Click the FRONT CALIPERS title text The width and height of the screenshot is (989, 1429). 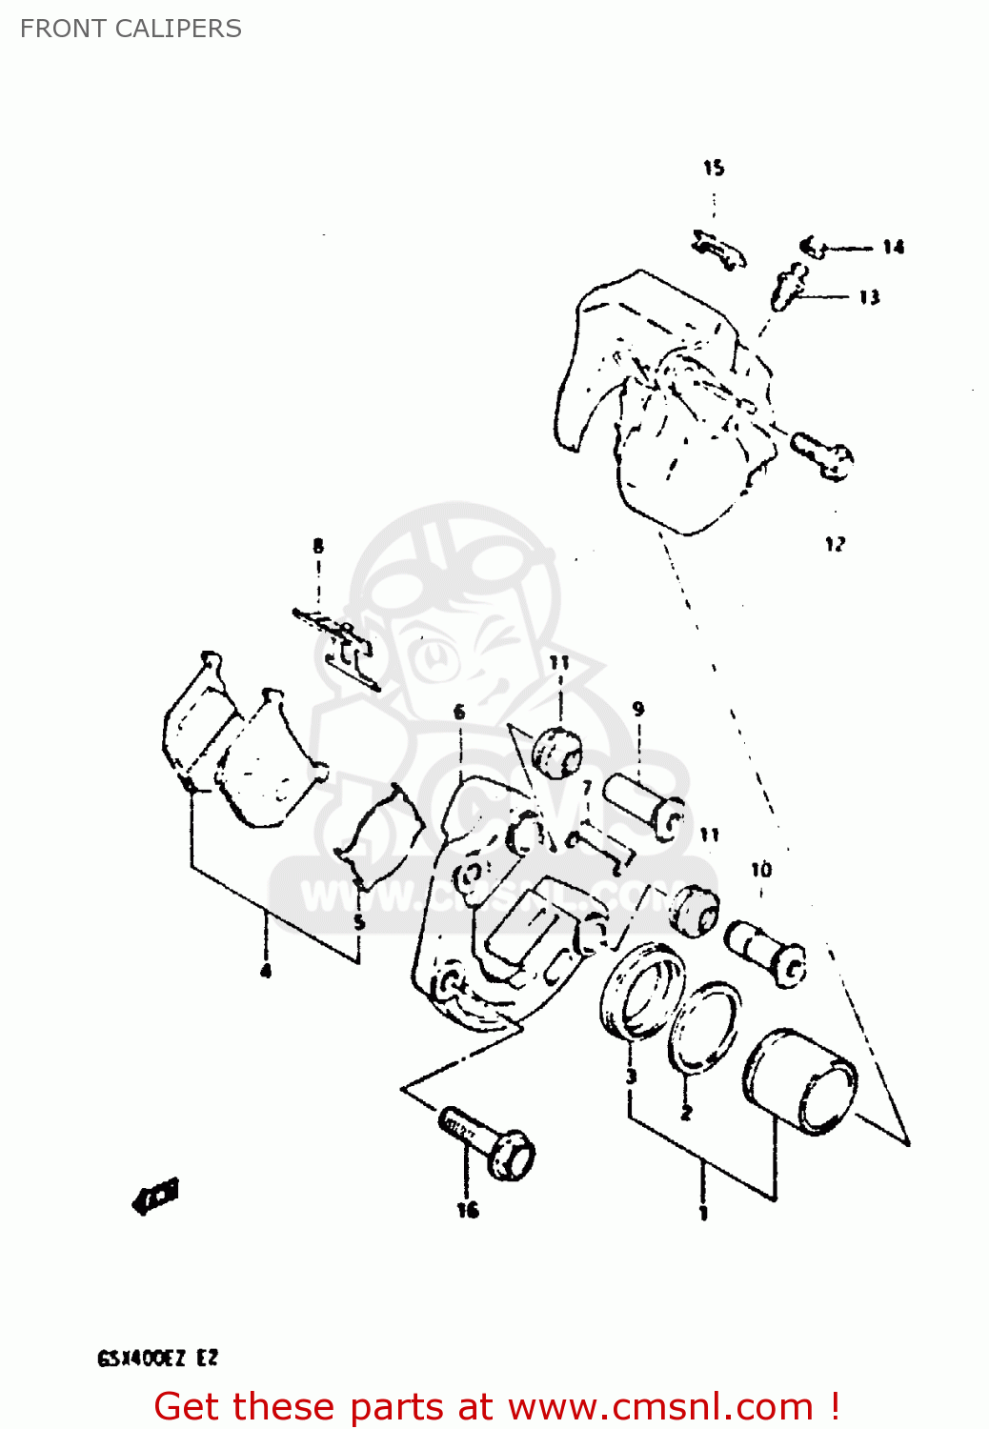131,29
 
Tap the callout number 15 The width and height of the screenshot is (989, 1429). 714,169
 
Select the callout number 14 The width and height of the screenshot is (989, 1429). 893,248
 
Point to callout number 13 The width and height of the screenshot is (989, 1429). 869,297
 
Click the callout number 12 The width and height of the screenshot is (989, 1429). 835,544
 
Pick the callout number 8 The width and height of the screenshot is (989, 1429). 318,546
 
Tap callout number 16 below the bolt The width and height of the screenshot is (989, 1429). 468,1210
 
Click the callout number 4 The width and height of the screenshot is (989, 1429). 266,971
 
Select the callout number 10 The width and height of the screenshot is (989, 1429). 761,870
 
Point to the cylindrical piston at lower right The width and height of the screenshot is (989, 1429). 800,1083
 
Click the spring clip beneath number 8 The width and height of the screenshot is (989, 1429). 340,645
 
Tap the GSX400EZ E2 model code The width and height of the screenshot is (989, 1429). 157,1359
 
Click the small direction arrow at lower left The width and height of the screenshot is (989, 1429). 156,1196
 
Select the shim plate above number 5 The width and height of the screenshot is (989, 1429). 380,835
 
